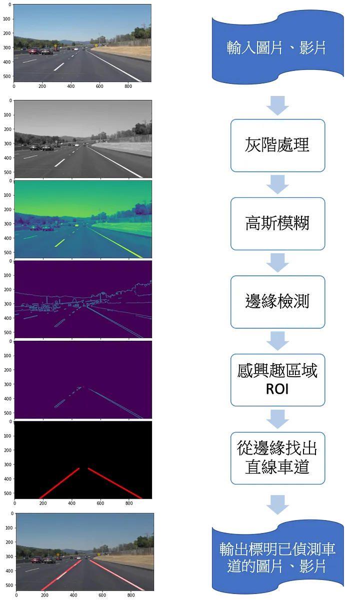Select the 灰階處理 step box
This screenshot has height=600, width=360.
tap(277, 145)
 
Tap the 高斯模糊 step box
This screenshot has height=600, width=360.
tap(277, 223)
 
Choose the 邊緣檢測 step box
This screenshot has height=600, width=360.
tap(277, 301)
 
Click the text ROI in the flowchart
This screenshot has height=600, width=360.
tap(277, 388)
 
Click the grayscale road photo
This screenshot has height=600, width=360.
tap(83, 139)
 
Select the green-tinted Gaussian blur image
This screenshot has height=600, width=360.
tap(83, 219)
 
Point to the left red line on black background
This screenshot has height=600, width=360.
tap(60, 483)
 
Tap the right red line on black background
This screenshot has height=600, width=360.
tap(115, 483)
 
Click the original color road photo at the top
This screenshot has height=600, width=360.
tap(82, 43)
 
